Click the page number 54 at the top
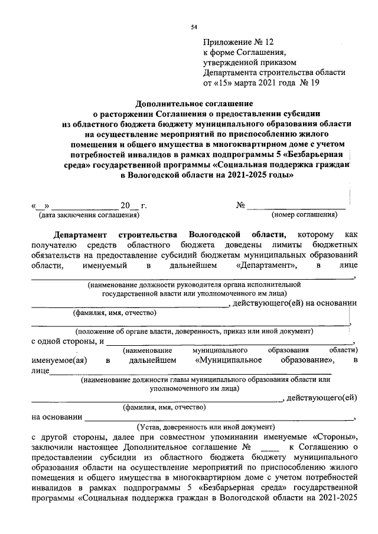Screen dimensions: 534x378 click(x=194, y=27)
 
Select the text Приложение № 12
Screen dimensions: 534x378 click(x=239, y=42)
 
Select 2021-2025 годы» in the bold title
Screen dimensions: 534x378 click(x=258, y=176)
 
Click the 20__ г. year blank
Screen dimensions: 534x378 click(x=133, y=205)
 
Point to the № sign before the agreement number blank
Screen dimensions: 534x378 click(x=240, y=205)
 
